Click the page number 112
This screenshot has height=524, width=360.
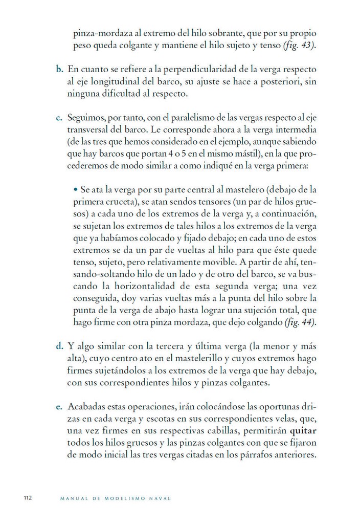[x=28, y=497]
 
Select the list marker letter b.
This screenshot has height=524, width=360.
[x=59, y=70]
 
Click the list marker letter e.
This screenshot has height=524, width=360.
[x=59, y=408]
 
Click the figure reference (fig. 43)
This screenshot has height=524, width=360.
[x=299, y=46]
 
